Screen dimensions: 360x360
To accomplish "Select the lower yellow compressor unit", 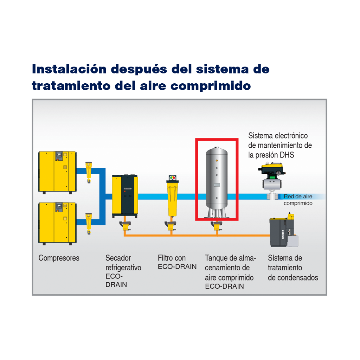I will (57, 223).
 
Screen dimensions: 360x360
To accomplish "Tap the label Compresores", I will (59, 258).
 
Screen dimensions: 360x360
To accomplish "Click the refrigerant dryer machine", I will (125, 195).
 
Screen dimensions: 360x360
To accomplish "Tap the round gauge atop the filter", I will (172, 178).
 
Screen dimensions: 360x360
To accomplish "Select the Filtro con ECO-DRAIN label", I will (177, 262).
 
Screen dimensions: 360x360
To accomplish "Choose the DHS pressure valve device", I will (271, 179).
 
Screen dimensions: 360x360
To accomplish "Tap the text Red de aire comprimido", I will (298, 200).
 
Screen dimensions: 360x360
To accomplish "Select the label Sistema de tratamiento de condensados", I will (293, 268).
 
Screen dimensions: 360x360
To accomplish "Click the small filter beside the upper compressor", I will (89, 172).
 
